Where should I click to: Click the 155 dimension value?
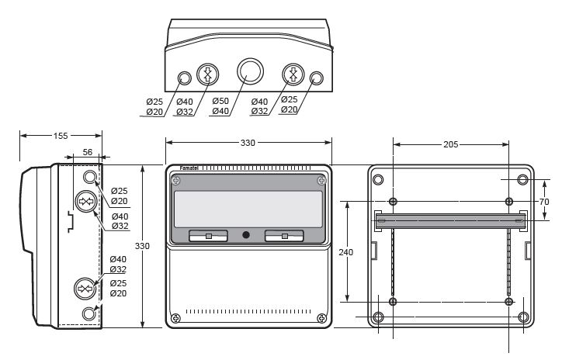coord(59,136)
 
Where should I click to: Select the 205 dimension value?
coord(451,144)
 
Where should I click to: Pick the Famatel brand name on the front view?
coord(190,168)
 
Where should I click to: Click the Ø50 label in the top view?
coord(221,102)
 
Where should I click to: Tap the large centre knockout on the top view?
coord(250,72)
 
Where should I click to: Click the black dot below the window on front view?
coord(246,234)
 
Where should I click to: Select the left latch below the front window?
coord(208,235)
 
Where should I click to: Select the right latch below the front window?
coord(284,235)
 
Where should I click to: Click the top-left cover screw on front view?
coord(177,182)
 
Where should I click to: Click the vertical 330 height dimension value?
coord(143,245)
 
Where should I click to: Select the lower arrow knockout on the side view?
coord(85,289)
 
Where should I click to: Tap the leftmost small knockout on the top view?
coord(185,78)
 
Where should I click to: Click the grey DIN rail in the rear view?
coord(451,221)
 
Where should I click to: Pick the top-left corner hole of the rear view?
coord(378,180)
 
